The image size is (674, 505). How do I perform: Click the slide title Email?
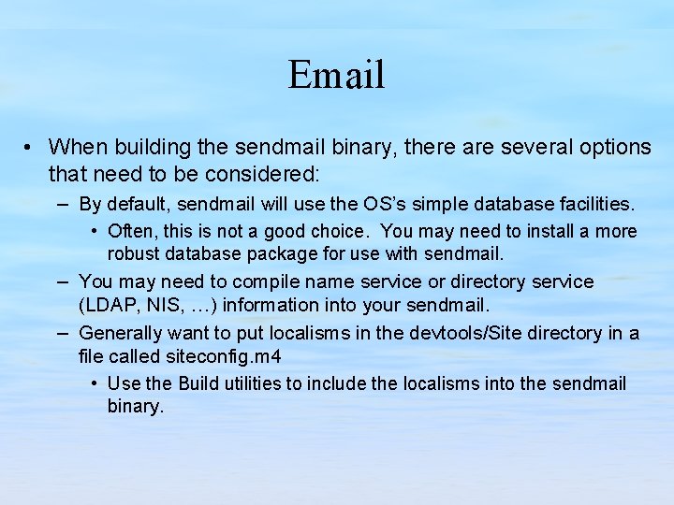(336, 75)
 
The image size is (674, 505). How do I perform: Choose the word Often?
(132, 231)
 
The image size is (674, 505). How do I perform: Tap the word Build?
(198, 383)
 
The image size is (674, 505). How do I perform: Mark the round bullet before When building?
(31, 148)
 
